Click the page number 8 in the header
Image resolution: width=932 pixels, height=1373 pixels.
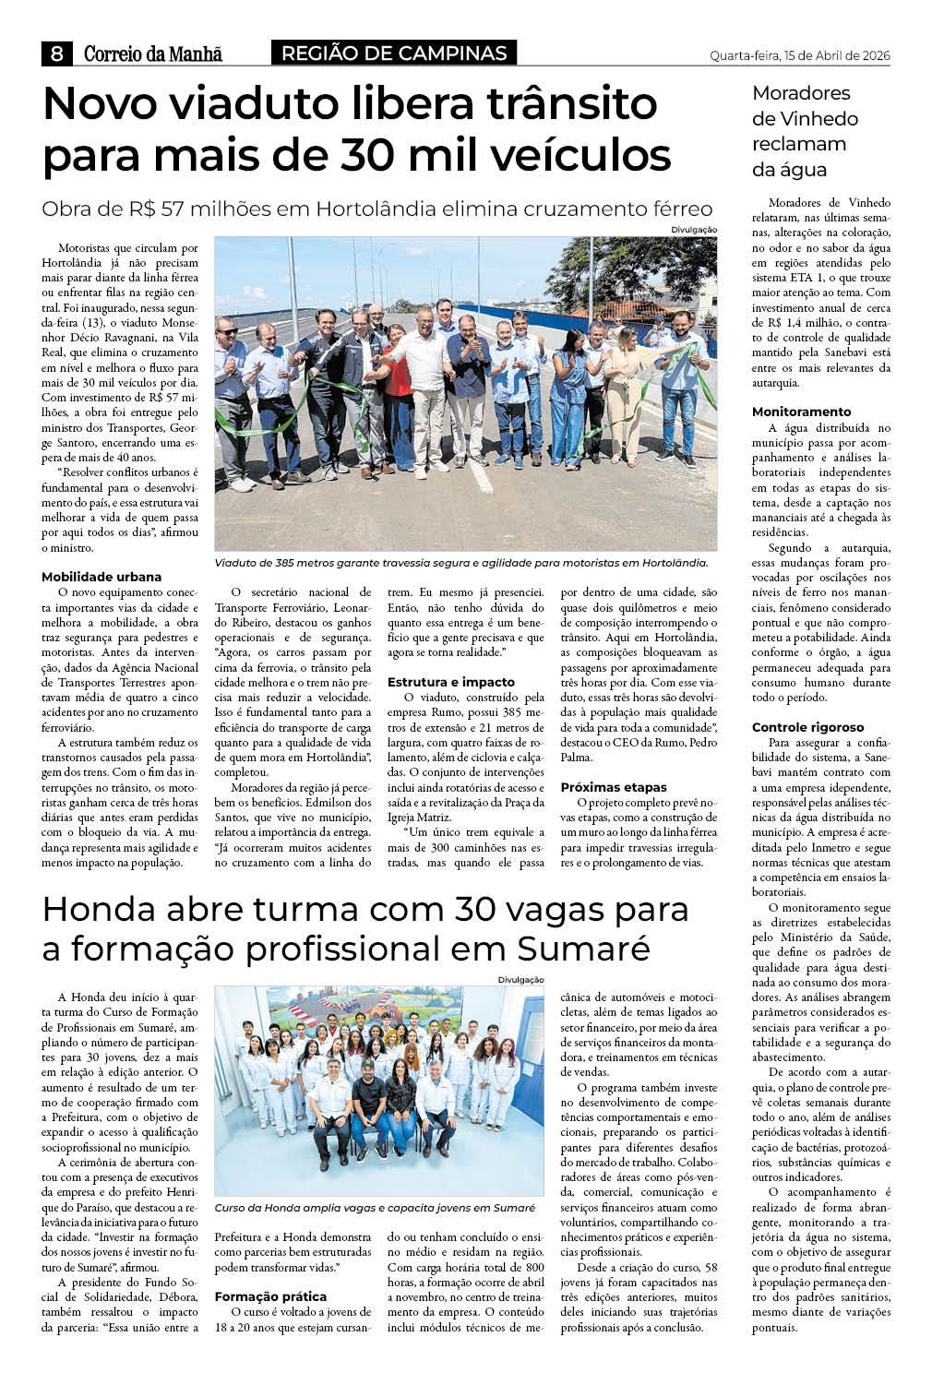[56, 54]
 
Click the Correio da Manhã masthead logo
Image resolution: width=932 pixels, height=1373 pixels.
[153, 54]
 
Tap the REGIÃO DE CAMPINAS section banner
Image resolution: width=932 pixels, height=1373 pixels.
[394, 54]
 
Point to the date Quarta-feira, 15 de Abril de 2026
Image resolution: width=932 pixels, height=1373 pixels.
[799, 56]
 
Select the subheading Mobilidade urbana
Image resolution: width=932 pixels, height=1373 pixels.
[102, 577]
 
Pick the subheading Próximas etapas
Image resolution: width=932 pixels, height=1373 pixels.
[614, 787]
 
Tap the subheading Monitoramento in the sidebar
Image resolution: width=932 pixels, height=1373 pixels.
[802, 412]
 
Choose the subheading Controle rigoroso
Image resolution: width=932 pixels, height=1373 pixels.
[808, 727]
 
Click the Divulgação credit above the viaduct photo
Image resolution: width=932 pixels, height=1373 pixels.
[693, 230]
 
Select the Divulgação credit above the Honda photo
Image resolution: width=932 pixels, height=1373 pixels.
[520, 980]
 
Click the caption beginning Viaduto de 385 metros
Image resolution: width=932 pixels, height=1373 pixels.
[460, 563]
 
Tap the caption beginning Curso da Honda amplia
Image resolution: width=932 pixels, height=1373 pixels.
[375, 1208]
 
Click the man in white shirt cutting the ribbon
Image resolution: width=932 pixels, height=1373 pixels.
[426, 392]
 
